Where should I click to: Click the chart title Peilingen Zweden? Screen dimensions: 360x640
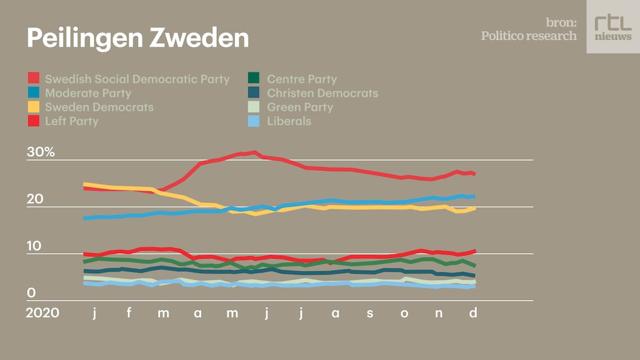(137, 38)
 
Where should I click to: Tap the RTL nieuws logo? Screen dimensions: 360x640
(612, 26)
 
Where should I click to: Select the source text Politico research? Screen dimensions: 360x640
(529, 36)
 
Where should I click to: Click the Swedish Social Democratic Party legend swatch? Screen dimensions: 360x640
(34, 79)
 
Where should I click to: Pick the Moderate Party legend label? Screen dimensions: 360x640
(88, 93)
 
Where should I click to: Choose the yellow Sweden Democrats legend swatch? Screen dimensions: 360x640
(34, 107)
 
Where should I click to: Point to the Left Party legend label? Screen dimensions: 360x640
(72, 121)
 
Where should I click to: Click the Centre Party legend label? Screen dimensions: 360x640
(302, 79)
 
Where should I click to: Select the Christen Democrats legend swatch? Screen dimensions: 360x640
(254, 93)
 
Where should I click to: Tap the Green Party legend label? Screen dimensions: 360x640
(300, 107)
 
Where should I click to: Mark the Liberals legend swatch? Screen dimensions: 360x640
(254, 121)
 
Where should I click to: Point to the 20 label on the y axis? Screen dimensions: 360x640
(34, 199)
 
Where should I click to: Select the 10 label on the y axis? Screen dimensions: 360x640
(34, 246)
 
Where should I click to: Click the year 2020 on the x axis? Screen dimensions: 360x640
(42, 312)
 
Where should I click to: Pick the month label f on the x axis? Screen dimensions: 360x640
(129, 312)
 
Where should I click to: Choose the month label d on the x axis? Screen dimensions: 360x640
(473, 312)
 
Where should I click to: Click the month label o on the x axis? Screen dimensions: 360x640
(404, 312)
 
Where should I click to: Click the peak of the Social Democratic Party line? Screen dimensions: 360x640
(253, 152)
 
